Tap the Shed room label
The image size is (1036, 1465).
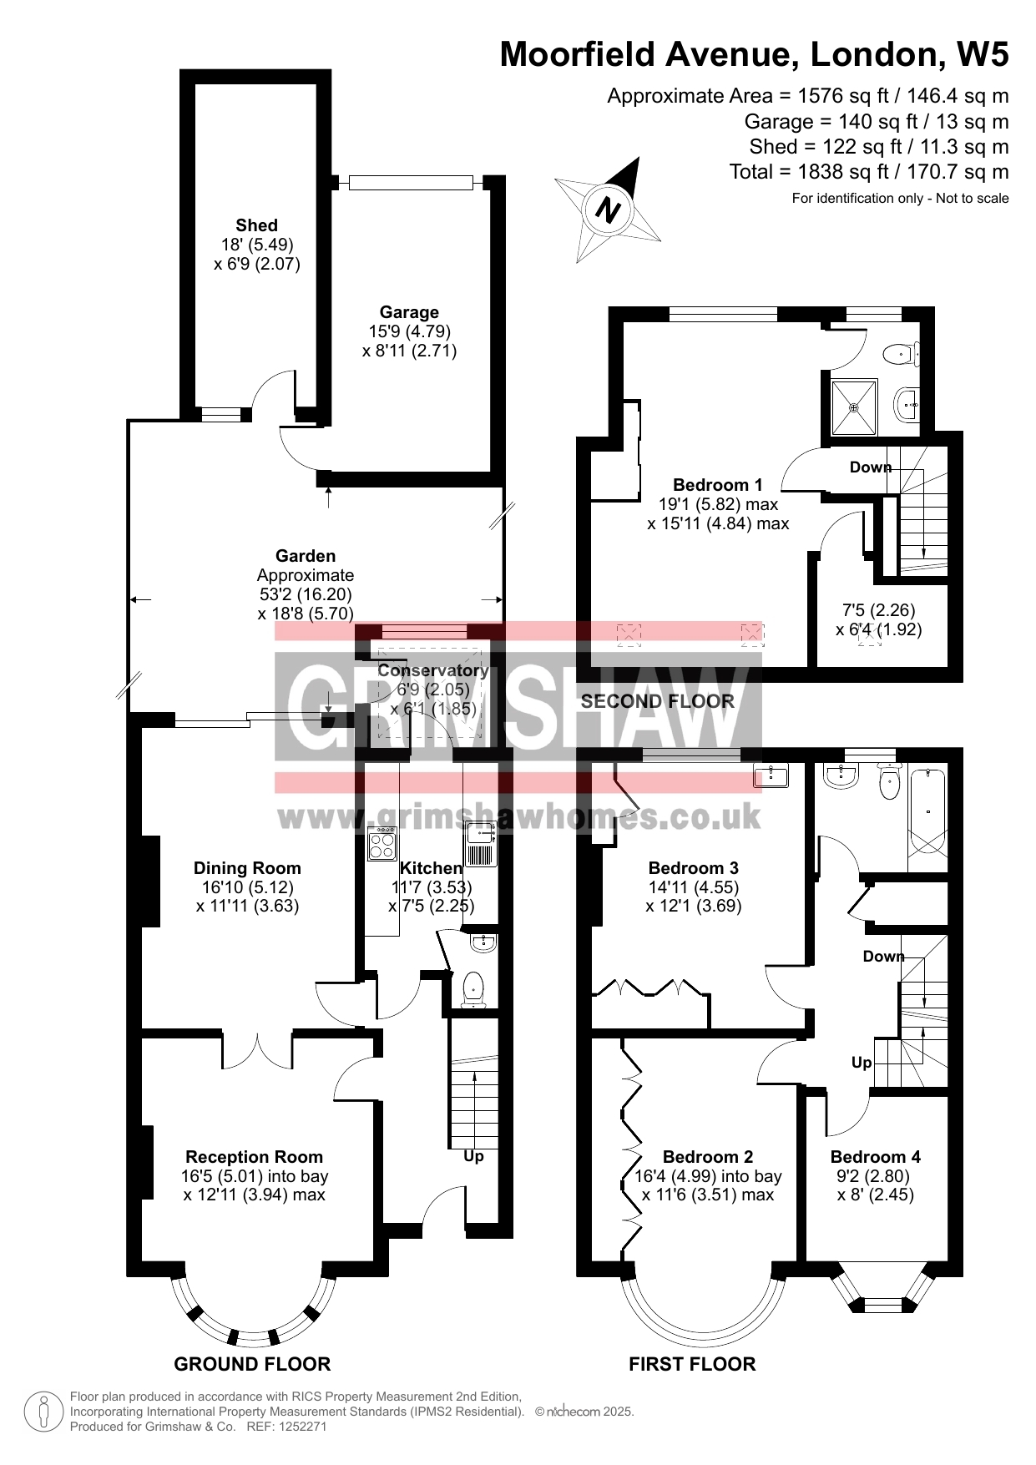256,225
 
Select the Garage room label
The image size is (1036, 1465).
409,312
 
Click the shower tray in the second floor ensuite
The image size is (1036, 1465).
854,408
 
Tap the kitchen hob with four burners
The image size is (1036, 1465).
383,843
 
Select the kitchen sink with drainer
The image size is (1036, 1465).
482,844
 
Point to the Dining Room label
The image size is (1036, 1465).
247,868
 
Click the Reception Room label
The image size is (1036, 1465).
254,1157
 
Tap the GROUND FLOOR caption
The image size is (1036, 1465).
252,1364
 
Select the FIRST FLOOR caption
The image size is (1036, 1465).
692,1364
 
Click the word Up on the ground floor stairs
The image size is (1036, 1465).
473,1157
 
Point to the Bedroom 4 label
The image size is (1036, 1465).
876,1157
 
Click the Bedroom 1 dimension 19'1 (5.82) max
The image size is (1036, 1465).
718,504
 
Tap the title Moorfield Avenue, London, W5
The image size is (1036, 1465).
755,54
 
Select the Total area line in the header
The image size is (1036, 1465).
869,172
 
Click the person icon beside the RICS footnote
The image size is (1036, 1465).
43,1412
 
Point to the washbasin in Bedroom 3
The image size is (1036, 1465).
771,776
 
